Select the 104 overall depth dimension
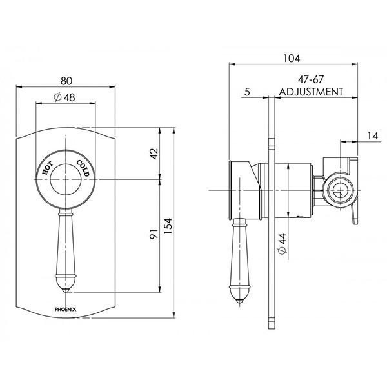292,59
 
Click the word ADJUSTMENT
311,92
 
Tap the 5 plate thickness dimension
248,92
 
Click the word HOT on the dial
48,169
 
